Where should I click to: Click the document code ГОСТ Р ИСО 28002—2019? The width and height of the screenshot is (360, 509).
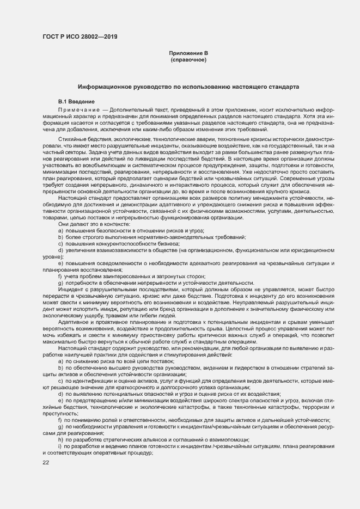pos(80,37)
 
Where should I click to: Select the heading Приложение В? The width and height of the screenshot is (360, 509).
pos(188,53)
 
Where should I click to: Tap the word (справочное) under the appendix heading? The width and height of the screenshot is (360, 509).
pos(188,59)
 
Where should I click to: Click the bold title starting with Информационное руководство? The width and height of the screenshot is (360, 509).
pos(188,87)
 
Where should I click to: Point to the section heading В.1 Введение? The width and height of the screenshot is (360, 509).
pos(77,102)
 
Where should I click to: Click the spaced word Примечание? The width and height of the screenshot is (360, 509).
pos(80,109)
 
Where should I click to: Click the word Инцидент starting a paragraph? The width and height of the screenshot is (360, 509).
pos(71,289)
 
